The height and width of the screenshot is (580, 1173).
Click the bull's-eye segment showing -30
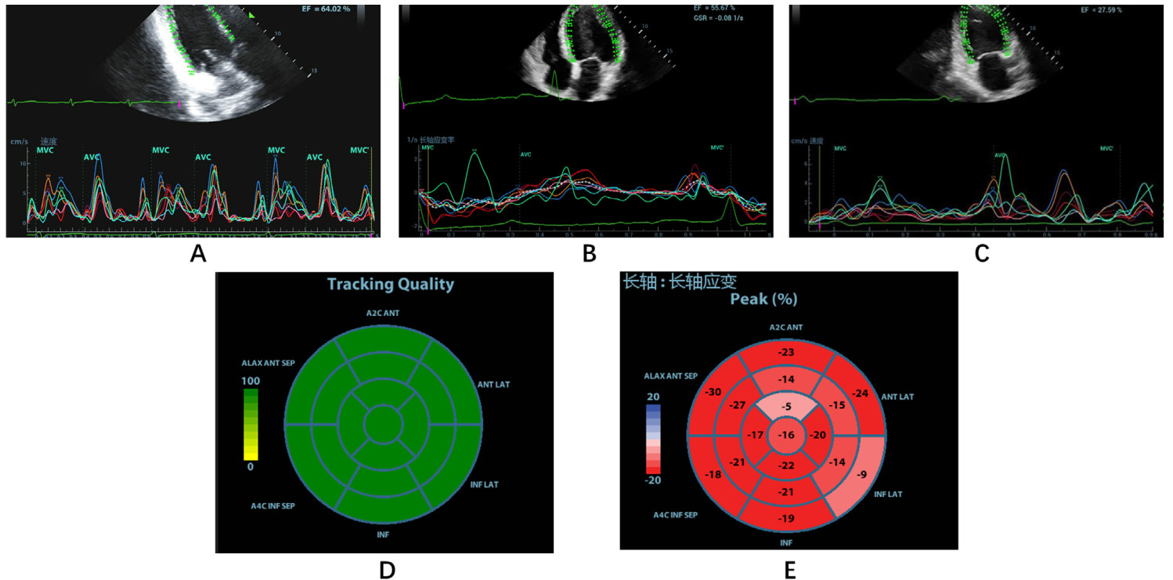coord(713,392)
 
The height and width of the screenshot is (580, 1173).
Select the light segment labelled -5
coord(786,407)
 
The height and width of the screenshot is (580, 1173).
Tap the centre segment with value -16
coord(786,435)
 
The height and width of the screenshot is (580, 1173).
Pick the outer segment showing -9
coord(861,473)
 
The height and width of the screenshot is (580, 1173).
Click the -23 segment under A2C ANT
coord(786,353)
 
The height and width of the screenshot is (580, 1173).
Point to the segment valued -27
coord(737,405)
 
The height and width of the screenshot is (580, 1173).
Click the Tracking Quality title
coord(390,284)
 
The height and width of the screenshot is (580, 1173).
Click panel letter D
coord(386,570)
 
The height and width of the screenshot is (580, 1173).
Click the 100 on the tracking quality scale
coord(251,381)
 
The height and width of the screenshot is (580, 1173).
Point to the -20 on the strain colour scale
coord(652,480)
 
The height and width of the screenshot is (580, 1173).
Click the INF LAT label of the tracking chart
coord(484,484)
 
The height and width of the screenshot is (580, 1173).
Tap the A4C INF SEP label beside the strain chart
coord(675,515)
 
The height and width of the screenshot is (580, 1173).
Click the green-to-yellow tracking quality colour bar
coord(251,423)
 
